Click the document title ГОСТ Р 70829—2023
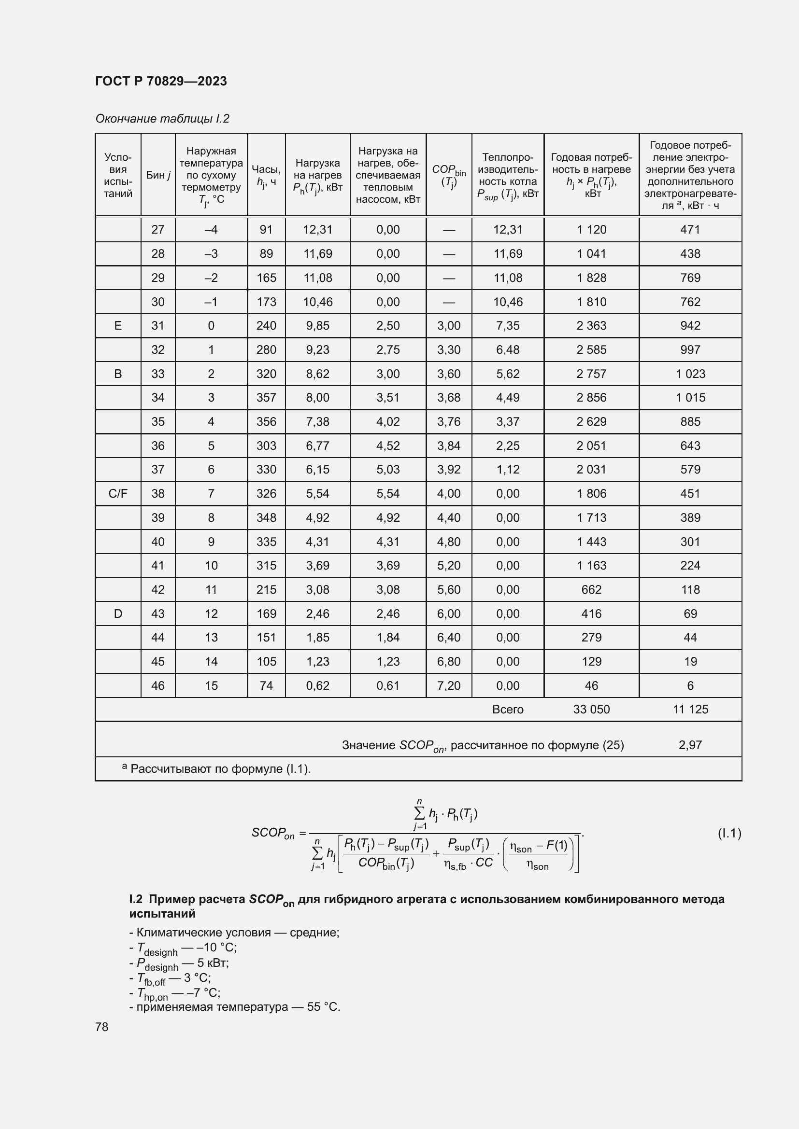coord(161,81)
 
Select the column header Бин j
coord(158,175)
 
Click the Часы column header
coord(266,175)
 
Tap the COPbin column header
coord(449,175)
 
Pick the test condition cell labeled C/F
coord(118,493)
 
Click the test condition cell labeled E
coord(118,325)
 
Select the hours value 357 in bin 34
coord(266,397)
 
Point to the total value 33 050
coord(591,709)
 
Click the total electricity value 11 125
coord(690,709)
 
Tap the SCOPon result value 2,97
coord(690,745)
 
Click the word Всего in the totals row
coord(508,709)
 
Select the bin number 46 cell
coord(158,685)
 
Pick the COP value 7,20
coord(449,685)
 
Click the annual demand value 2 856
coord(591,397)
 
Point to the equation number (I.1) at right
coord(729,833)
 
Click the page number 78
coord(102,1027)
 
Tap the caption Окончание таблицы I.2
coord(162,119)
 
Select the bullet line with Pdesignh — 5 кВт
coord(180,963)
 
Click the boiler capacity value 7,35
coord(508,325)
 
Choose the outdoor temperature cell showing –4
coord(211,230)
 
